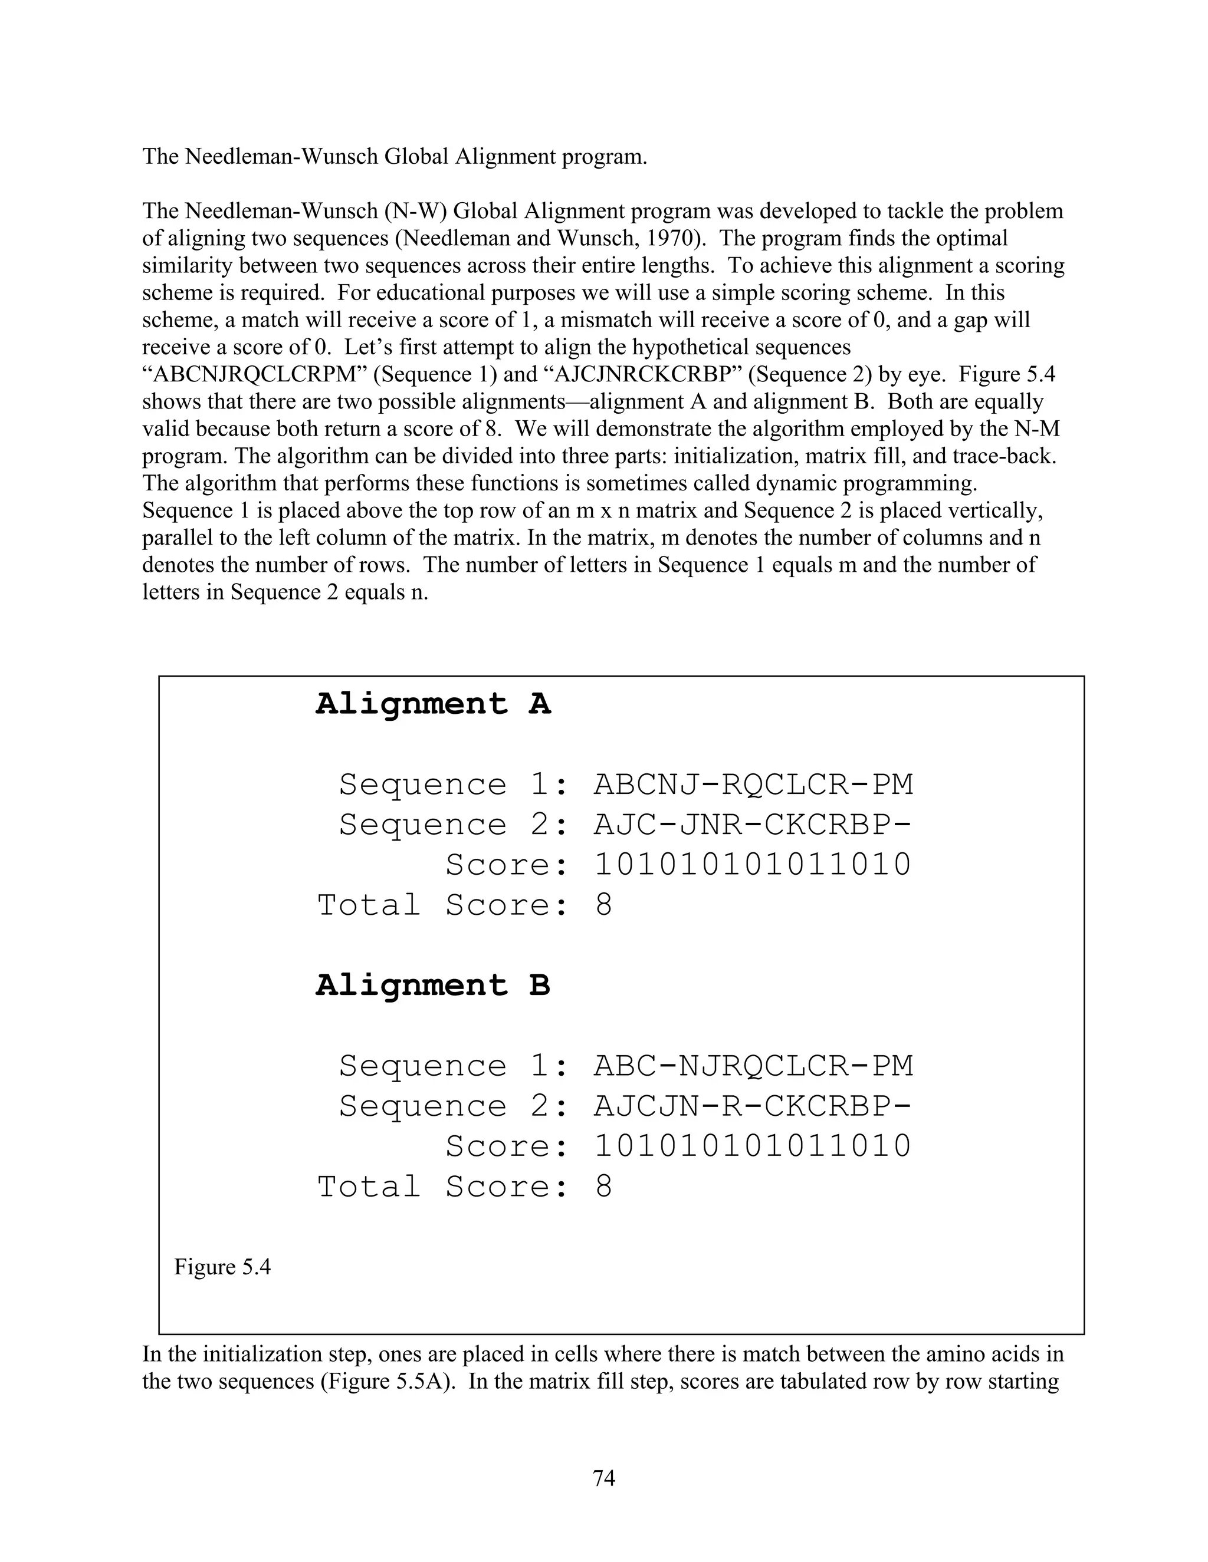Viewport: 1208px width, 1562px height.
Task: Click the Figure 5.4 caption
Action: coord(222,1267)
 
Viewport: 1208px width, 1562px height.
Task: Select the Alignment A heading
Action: coord(433,704)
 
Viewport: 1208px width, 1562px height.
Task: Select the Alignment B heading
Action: coord(433,985)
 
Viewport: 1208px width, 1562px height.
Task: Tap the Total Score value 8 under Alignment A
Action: coord(603,905)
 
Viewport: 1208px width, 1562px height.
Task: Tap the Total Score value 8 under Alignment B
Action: coord(603,1187)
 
